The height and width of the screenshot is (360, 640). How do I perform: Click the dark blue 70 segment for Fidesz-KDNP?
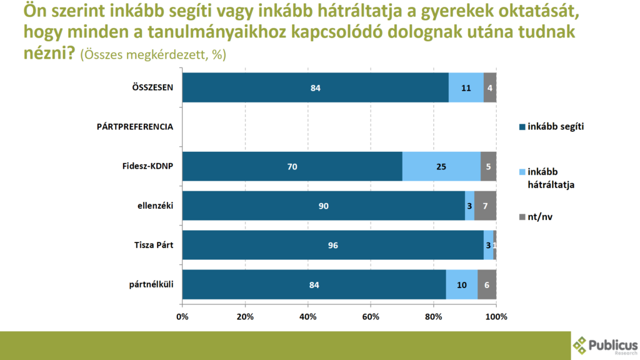(292, 166)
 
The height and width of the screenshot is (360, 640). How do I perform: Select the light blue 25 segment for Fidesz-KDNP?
(441, 166)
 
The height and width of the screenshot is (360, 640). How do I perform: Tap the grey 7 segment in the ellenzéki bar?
(486, 206)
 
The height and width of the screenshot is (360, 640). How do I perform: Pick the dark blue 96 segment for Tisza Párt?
(332, 245)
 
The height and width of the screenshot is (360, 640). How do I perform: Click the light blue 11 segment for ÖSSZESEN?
(466, 87)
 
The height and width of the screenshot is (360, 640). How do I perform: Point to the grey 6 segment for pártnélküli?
(487, 284)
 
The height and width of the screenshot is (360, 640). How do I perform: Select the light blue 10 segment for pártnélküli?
(462, 284)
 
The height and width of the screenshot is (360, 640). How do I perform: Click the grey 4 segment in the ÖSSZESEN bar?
(490, 87)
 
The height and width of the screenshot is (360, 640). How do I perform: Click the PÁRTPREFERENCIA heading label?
(135, 127)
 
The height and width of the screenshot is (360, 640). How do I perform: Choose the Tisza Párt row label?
(152, 245)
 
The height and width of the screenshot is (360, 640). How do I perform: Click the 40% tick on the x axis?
(308, 316)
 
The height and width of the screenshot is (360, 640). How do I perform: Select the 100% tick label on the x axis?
(496, 316)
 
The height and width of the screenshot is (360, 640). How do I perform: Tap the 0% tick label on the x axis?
(182, 316)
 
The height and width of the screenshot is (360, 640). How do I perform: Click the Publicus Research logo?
(605, 346)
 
